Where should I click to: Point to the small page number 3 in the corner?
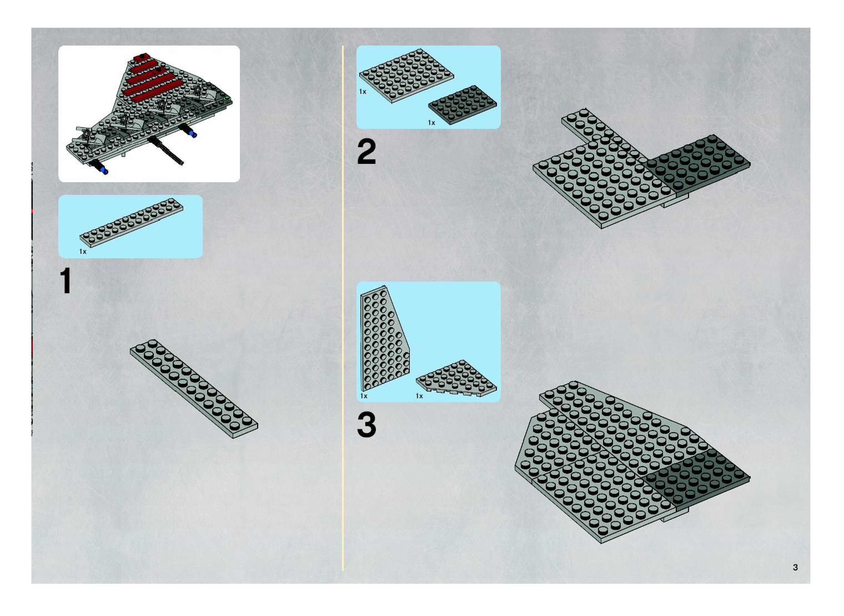point(795,567)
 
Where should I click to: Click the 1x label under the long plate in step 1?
point(83,252)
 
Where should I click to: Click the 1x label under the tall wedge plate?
point(364,396)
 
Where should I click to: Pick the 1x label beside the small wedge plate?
point(420,396)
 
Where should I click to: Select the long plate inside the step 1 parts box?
point(131,223)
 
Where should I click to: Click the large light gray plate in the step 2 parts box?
point(406,75)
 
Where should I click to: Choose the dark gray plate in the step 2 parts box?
point(462,104)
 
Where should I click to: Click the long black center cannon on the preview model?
point(166,150)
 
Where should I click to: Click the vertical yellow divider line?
point(343,308)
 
